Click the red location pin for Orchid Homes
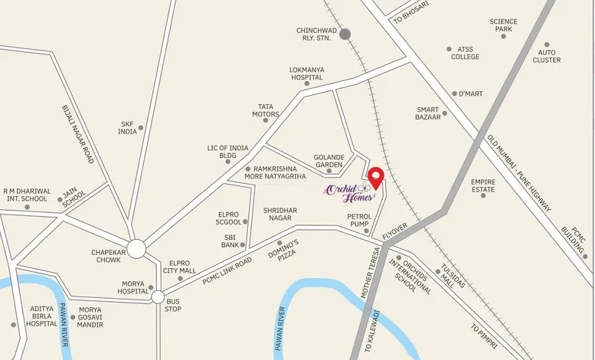coord(375,175)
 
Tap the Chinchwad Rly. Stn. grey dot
coord(345,34)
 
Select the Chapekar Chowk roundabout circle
coord(136,248)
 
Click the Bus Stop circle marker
coord(158,296)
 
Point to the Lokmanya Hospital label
coord(306,74)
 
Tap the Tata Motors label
coord(265,110)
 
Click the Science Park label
coord(503,25)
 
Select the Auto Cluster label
coord(547,55)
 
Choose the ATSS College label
coord(465,53)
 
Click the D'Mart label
coord(470,93)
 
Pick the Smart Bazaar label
coord(428,113)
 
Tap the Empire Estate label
coord(483,185)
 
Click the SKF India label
coord(127,127)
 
